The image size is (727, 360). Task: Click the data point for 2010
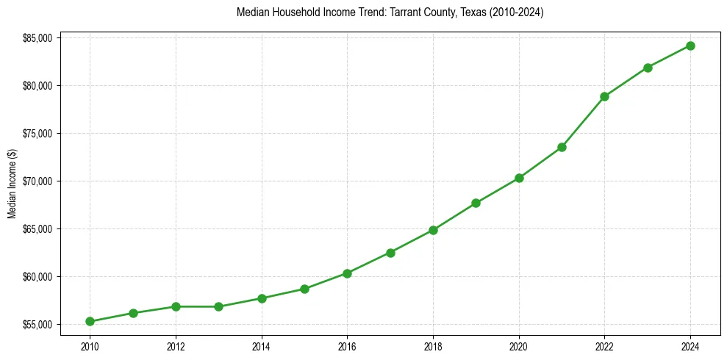pyautogui.click(x=90, y=321)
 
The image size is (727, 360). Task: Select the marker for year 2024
pyautogui.click(x=690, y=46)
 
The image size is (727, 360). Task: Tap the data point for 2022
pyautogui.click(x=604, y=96)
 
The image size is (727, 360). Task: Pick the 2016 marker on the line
pyautogui.click(x=347, y=273)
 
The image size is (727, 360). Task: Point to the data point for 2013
pyautogui.click(x=218, y=306)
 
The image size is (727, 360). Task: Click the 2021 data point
pyautogui.click(x=562, y=147)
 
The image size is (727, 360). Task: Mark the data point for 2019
pyautogui.click(x=476, y=203)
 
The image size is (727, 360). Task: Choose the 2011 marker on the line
pyautogui.click(x=133, y=313)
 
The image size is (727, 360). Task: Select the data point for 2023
pyautogui.click(x=648, y=68)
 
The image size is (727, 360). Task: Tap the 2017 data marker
pyautogui.click(x=390, y=253)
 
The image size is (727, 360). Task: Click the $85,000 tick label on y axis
pyautogui.click(x=37, y=38)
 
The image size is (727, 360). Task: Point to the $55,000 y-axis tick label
pyautogui.click(x=37, y=325)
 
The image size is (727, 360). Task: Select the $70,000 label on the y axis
pyautogui.click(x=37, y=181)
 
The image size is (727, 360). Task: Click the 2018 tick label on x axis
pyautogui.click(x=433, y=345)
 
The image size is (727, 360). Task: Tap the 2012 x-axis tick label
pyautogui.click(x=176, y=345)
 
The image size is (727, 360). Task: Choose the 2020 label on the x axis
pyautogui.click(x=519, y=345)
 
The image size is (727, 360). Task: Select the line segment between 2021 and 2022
pyautogui.click(x=583, y=122)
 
